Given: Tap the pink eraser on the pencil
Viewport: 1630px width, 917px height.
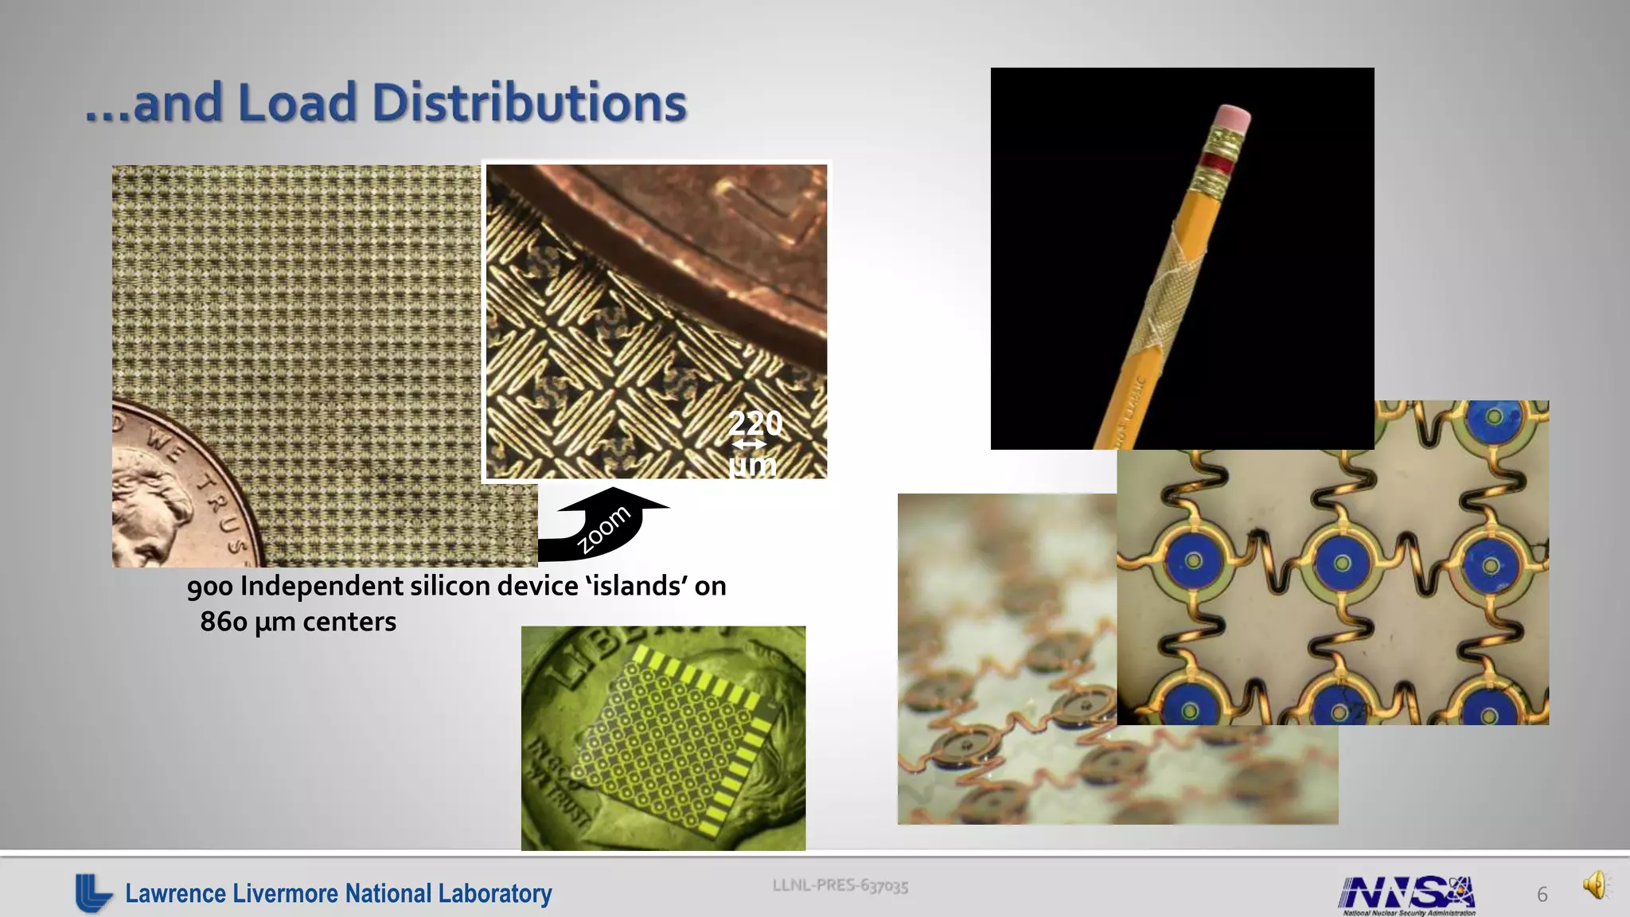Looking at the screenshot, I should tap(1231, 118).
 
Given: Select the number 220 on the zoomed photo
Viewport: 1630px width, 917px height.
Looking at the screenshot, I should tap(755, 422).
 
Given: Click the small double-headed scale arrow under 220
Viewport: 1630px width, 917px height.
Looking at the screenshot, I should tap(749, 444).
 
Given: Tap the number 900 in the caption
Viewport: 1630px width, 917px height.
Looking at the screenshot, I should tap(210, 587).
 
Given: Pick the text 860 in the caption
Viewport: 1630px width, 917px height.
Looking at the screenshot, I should tap(224, 622).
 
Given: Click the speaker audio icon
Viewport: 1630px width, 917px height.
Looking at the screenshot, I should tap(1596, 884).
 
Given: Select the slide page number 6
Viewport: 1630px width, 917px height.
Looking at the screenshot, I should tap(1542, 895).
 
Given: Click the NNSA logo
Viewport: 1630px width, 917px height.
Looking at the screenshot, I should tap(1407, 894).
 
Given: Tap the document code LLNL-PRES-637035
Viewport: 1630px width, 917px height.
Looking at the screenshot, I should tap(840, 885).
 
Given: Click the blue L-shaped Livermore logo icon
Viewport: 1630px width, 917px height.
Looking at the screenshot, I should tap(93, 892).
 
